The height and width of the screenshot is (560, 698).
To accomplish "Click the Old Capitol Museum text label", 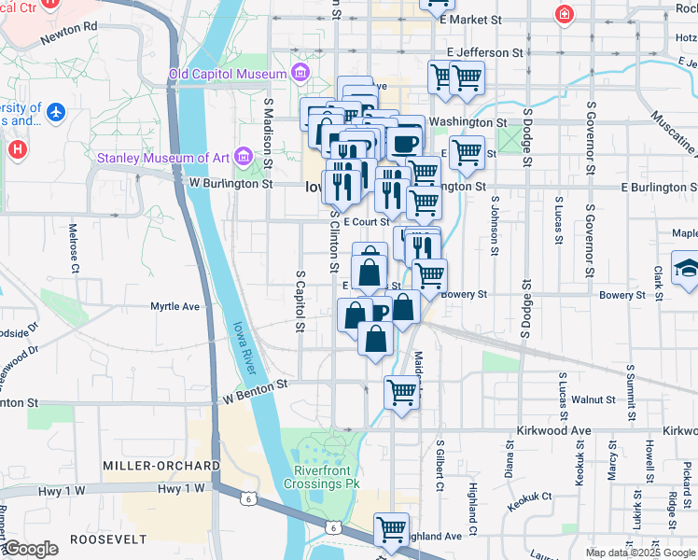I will (227, 74).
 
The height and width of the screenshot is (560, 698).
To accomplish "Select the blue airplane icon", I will (57, 112).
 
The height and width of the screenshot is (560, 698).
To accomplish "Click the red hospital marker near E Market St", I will (564, 15).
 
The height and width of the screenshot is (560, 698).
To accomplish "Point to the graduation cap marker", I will (686, 268).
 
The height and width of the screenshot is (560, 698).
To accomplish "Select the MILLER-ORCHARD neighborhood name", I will (161, 465).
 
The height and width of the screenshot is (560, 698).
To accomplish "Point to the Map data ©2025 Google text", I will (639, 553).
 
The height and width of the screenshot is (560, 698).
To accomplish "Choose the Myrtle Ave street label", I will (175, 306).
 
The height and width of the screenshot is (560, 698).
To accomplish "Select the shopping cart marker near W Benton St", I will (401, 392).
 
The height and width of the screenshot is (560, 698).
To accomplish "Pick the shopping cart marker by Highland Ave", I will (392, 529).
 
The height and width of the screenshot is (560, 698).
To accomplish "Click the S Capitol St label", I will (300, 301).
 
